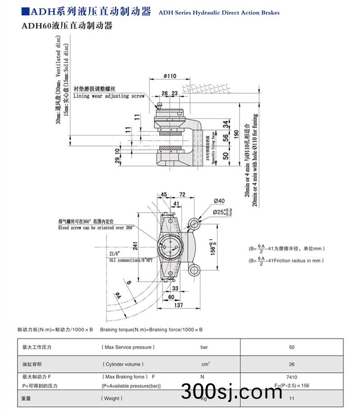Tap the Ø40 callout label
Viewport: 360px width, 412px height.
219,201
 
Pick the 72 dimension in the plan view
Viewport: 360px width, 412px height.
182,194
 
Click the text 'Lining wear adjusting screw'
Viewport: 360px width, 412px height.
109,96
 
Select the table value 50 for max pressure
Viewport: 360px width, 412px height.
291,347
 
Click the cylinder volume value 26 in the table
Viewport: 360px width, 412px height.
291,365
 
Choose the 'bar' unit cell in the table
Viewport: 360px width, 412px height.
204,347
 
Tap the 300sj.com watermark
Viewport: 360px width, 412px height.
231,391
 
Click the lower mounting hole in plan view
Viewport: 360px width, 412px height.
195,270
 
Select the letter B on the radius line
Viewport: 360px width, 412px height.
129,282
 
